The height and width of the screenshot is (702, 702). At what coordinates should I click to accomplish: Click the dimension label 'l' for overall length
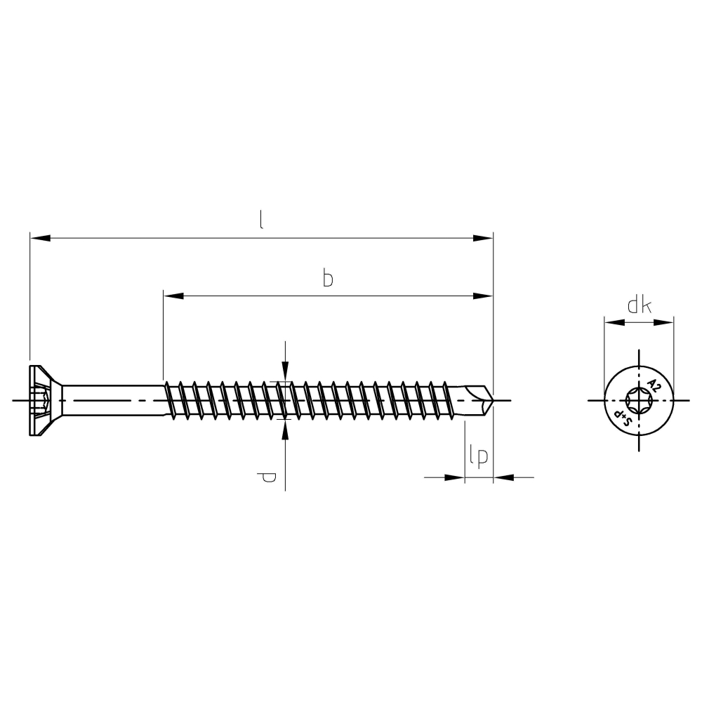(261, 220)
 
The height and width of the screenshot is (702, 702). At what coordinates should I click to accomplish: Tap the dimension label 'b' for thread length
(328, 279)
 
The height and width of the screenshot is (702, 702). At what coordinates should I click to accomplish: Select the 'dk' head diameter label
(640, 306)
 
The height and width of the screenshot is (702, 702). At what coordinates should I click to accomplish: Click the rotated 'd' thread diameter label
(267, 477)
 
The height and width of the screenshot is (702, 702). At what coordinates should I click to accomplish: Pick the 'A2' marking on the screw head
(653, 385)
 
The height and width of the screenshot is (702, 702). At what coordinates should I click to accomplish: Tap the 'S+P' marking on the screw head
(621, 417)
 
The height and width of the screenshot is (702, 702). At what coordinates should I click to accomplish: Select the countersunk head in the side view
(46, 400)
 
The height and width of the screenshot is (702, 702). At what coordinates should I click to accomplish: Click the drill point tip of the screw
(494, 400)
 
